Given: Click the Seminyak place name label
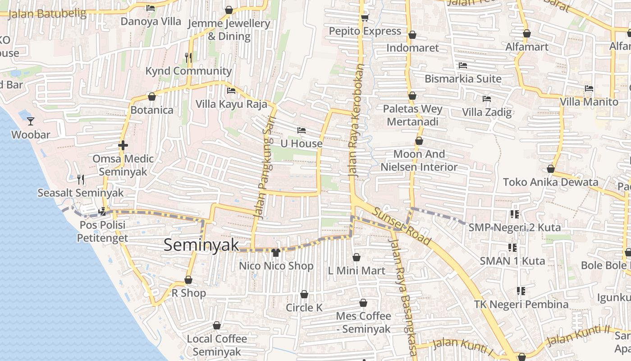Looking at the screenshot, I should pyautogui.click(x=201, y=245).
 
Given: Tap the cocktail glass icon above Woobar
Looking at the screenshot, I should pyautogui.click(x=31, y=121).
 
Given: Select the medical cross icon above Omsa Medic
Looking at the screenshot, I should pyautogui.click(x=123, y=145).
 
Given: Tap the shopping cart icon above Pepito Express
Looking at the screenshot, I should pyautogui.click(x=365, y=18).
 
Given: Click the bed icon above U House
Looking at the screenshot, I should pyautogui.click(x=302, y=130).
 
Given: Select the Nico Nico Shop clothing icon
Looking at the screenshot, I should pyautogui.click(x=276, y=252).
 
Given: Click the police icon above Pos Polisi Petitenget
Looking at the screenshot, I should pyautogui.click(x=102, y=211).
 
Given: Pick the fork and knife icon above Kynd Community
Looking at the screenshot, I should pyautogui.click(x=188, y=57).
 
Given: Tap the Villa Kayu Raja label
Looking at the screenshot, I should pyautogui.click(x=231, y=104).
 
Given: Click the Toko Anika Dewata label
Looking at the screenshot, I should pyautogui.click(x=550, y=182).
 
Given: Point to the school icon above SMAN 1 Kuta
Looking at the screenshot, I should pyautogui.click(x=512, y=247).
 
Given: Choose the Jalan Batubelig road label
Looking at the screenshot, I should pyautogui.click(x=47, y=14).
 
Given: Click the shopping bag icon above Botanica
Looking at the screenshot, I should pyautogui.click(x=152, y=97).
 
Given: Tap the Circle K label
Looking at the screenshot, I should pyautogui.click(x=304, y=308).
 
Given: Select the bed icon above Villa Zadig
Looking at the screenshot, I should pyautogui.click(x=487, y=99).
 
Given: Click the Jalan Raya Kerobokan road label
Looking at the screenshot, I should pyautogui.click(x=355, y=120).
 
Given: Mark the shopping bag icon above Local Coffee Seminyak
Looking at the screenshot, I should pyautogui.click(x=217, y=325).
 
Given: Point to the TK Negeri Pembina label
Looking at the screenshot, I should pyautogui.click(x=521, y=305).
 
